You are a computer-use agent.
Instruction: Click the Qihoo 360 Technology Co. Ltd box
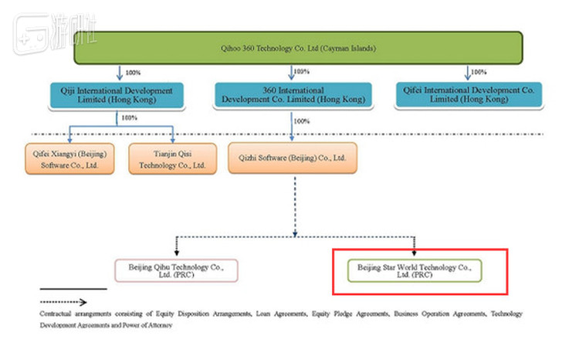point(299,48)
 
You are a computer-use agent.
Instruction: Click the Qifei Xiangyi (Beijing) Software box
point(69,158)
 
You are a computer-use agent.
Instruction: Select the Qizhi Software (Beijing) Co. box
point(293,158)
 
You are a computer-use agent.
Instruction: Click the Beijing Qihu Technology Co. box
point(176,270)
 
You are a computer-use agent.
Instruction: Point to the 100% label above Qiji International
point(132,73)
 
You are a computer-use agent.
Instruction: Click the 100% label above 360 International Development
point(302,72)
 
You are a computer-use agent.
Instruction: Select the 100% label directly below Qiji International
point(129,117)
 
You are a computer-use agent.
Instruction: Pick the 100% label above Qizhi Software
point(302,121)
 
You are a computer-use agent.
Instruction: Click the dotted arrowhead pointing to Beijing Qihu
point(178,253)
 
